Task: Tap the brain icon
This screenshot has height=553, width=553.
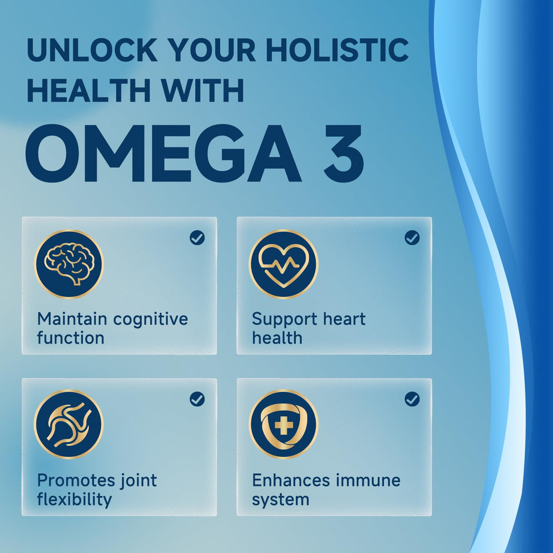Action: [x=69, y=264]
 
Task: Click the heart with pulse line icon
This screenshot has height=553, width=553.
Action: [x=283, y=264]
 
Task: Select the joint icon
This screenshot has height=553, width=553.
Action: [x=69, y=424]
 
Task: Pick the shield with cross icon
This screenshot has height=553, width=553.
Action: [x=283, y=424]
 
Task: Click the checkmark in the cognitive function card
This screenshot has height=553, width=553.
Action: [x=197, y=238]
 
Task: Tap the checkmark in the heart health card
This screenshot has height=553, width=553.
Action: [x=412, y=238]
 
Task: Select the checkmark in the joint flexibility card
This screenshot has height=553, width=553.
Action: [x=197, y=399]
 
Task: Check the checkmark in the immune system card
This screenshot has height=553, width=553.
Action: [x=412, y=399]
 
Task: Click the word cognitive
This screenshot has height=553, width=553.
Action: [x=150, y=320]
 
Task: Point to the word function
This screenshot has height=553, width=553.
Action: [x=70, y=338]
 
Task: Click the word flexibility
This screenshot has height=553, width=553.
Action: [x=74, y=499]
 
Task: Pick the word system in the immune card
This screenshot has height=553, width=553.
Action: [x=280, y=500]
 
